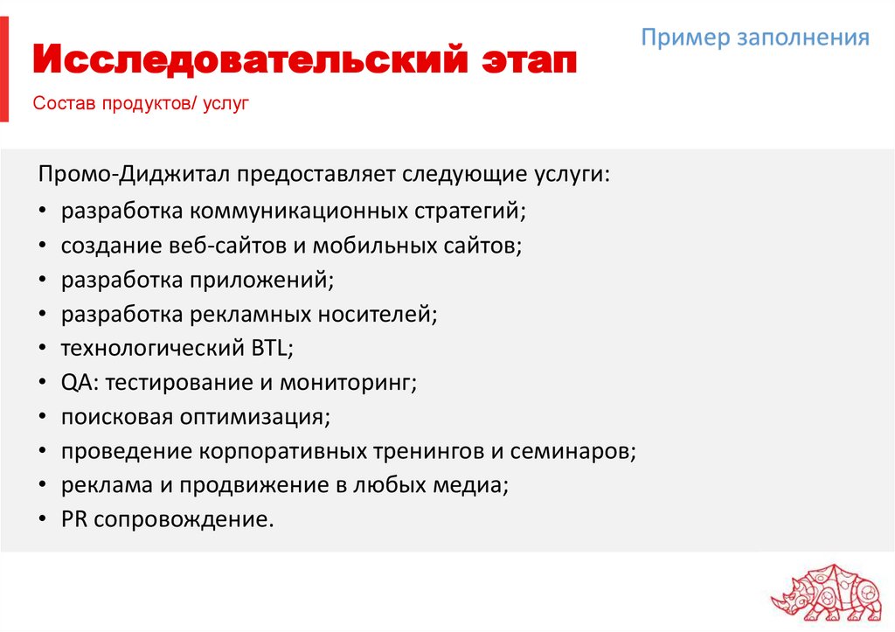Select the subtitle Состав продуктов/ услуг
tap(142, 105)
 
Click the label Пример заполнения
tap(755, 38)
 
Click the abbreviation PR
tap(73, 519)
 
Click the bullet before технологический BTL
tap(44, 349)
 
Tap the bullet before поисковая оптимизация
tap(44, 417)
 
